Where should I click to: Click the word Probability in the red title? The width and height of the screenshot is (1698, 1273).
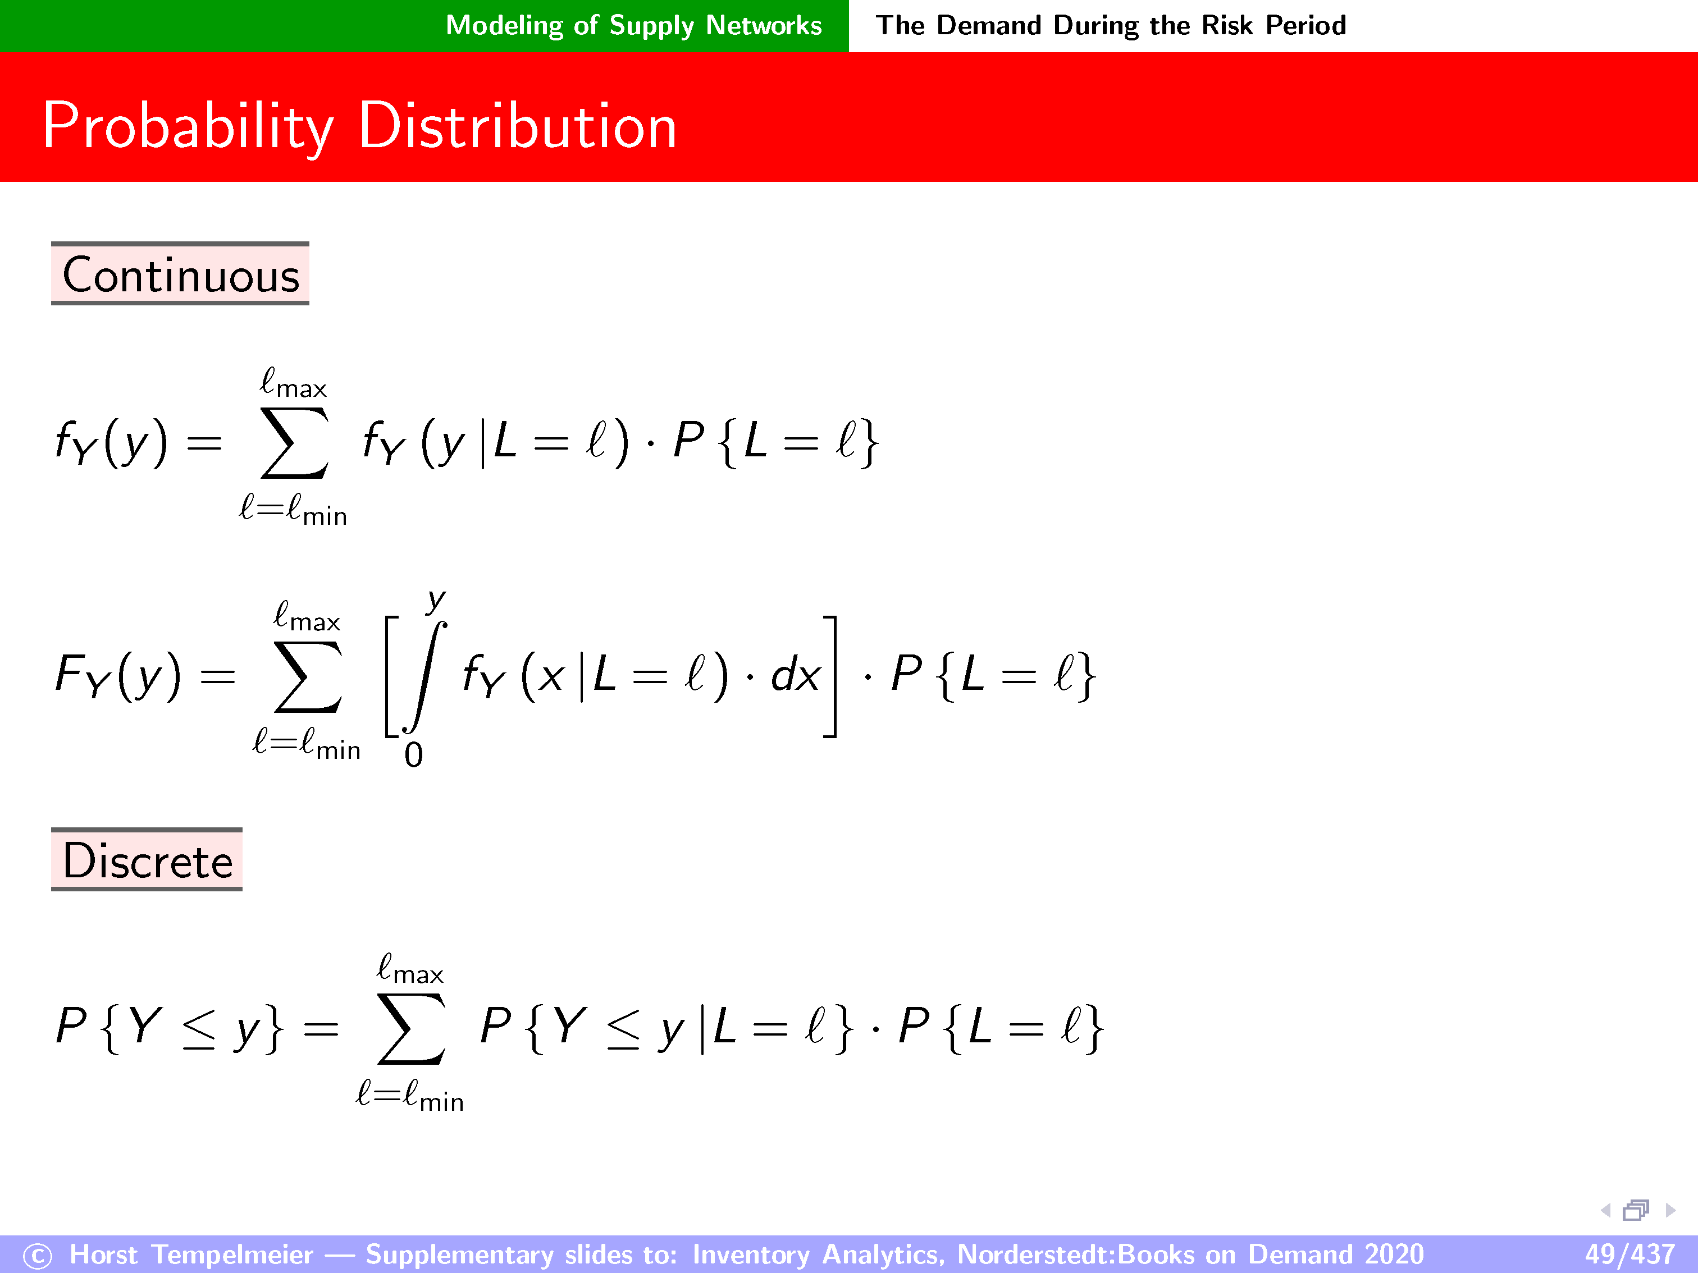(189, 127)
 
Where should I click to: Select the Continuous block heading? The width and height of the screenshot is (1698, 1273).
(180, 274)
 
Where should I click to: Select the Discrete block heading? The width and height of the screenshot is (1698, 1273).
(147, 860)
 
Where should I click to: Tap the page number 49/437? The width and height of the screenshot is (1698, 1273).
(1629, 1254)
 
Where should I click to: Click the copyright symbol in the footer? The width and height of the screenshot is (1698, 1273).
(38, 1256)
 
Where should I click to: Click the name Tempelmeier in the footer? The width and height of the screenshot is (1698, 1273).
(232, 1254)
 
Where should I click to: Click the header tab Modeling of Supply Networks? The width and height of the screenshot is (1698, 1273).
(634, 25)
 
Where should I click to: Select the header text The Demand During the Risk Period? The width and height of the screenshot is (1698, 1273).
(1111, 25)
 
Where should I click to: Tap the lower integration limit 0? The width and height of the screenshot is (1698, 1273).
(414, 755)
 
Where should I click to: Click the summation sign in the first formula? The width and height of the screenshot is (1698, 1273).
(294, 443)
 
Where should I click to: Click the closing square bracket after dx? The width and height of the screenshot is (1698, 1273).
(830, 676)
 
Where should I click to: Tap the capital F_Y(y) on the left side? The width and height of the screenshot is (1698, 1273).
(118, 676)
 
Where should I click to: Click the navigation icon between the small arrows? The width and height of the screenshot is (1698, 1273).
(1636, 1210)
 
